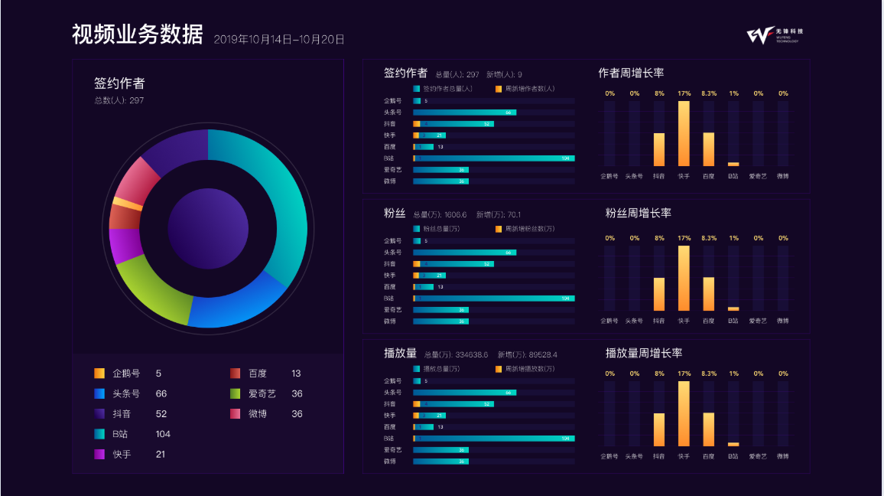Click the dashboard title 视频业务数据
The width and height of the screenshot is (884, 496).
click(x=138, y=35)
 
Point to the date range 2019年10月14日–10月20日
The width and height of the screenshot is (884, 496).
click(x=279, y=39)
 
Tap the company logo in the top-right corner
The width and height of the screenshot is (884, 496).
click(x=775, y=35)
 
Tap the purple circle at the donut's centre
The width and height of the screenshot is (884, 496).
click(x=208, y=228)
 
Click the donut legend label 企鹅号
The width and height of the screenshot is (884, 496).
click(x=126, y=374)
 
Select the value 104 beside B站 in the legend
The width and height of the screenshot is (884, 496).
click(x=163, y=434)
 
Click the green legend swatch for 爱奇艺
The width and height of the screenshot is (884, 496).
click(x=236, y=393)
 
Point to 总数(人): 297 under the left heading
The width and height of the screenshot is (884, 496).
click(x=119, y=100)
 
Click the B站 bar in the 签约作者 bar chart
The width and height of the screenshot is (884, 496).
click(x=494, y=158)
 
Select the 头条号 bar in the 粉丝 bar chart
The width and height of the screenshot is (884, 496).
click(x=464, y=253)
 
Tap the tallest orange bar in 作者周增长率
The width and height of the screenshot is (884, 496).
click(x=684, y=133)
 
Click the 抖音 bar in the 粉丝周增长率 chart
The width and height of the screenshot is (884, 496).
click(x=659, y=294)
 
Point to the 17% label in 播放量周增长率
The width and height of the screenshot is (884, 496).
click(x=684, y=374)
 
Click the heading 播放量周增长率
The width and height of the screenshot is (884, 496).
click(x=644, y=353)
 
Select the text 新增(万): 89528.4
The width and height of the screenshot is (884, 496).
click(x=528, y=355)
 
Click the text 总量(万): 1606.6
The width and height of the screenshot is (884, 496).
click(x=440, y=215)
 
